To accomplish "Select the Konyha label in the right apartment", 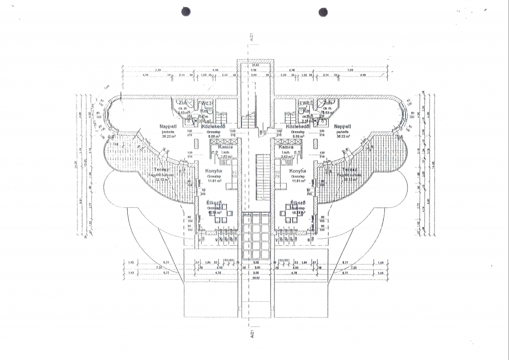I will pyautogui.click(x=297, y=171).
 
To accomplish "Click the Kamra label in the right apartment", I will pyautogui.click(x=286, y=147).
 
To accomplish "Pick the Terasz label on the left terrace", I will pyautogui.click(x=162, y=170).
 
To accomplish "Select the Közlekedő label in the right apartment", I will pyautogui.click(x=298, y=126).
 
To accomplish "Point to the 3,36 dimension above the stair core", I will pyautogui.click(x=254, y=71).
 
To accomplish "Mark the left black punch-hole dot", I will pyautogui.click(x=186, y=12).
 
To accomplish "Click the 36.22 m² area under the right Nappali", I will pyautogui.click(x=343, y=136).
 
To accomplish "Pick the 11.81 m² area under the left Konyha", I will pyautogui.click(x=214, y=181).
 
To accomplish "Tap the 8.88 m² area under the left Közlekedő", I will pyautogui.click(x=215, y=136).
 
